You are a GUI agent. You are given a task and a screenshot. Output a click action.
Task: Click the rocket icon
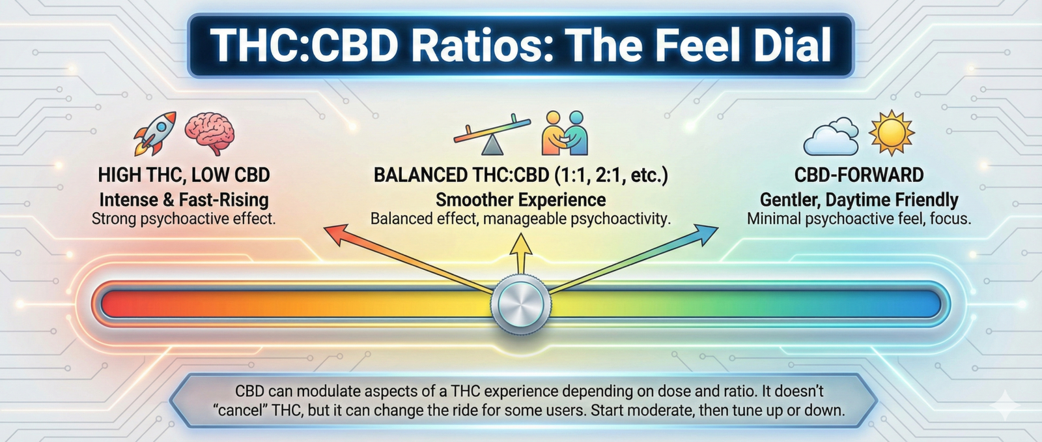click(x=155, y=133)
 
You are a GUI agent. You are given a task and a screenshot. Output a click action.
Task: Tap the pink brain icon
click(x=209, y=134)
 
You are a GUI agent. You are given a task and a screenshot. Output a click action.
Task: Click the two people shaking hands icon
click(x=565, y=133)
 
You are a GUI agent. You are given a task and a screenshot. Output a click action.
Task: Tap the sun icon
click(x=892, y=133)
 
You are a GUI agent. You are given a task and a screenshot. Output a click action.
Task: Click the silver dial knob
click(x=520, y=303)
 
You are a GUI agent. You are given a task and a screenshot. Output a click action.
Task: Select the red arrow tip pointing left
click(x=335, y=233)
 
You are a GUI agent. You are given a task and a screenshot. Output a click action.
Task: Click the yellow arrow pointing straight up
click(x=521, y=254)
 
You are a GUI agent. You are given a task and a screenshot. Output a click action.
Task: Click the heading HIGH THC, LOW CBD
click(x=184, y=175)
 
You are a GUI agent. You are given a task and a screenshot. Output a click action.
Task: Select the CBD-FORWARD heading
click(x=859, y=175)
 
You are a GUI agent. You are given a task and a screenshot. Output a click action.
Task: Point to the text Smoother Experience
click(x=520, y=199)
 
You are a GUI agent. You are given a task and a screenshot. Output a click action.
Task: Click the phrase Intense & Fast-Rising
click(x=184, y=199)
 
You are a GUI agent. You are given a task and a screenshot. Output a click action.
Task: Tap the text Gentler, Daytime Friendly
click(x=859, y=199)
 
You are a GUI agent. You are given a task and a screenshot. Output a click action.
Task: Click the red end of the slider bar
click(x=108, y=304)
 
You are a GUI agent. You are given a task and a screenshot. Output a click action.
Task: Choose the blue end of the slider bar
click(x=932, y=304)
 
